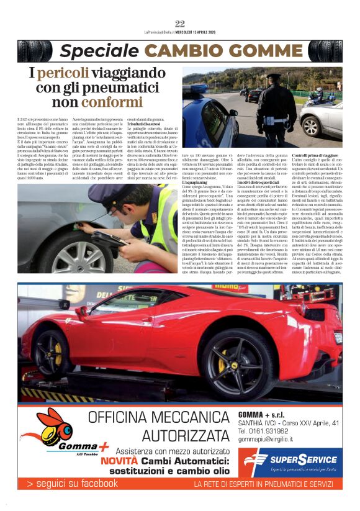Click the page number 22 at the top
click(x=180, y=24)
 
